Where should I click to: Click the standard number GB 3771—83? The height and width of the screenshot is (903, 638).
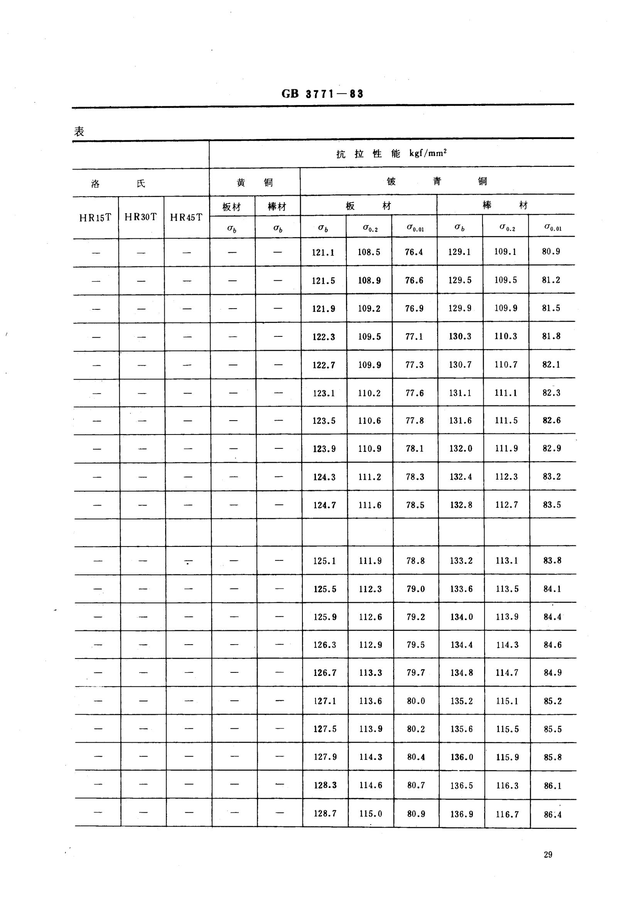[x=322, y=93]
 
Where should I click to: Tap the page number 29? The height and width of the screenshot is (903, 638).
[x=548, y=855]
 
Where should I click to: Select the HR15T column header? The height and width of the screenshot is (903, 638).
[x=95, y=218]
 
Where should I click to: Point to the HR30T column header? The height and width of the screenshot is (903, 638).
[x=141, y=217]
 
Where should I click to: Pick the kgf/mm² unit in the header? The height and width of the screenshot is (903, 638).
[x=428, y=153]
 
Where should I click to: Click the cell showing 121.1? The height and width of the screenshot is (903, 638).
[x=323, y=253]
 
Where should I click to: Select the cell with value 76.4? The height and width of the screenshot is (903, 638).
[x=414, y=252]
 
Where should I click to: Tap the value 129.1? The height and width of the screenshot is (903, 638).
[x=459, y=252]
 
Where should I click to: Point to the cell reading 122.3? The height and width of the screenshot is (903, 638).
[x=324, y=337]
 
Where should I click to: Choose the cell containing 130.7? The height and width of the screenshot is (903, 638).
[x=460, y=365]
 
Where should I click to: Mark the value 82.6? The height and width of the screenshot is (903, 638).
[x=552, y=421]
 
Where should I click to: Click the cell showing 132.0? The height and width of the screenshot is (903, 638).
[x=461, y=449]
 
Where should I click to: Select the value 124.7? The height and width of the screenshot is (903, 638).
[x=324, y=505]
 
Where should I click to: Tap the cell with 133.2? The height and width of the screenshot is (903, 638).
[x=461, y=561]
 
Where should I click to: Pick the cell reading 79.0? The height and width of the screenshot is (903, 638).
[x=416, y=589]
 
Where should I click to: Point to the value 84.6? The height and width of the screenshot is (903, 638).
[x=552, y=645]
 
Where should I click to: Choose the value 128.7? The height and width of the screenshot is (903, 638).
[x=325, y=813]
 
